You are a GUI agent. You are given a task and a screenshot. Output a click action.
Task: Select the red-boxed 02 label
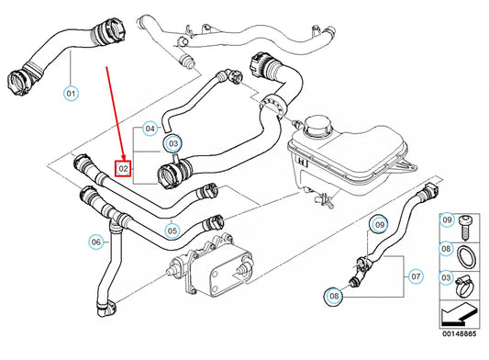tap(122, 168)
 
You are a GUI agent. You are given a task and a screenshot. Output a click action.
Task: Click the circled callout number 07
tap(416, 275)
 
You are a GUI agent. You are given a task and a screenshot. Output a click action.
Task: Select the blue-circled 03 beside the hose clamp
tap(172, 143)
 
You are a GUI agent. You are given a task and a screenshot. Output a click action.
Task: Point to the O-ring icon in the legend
tap(467, 250)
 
